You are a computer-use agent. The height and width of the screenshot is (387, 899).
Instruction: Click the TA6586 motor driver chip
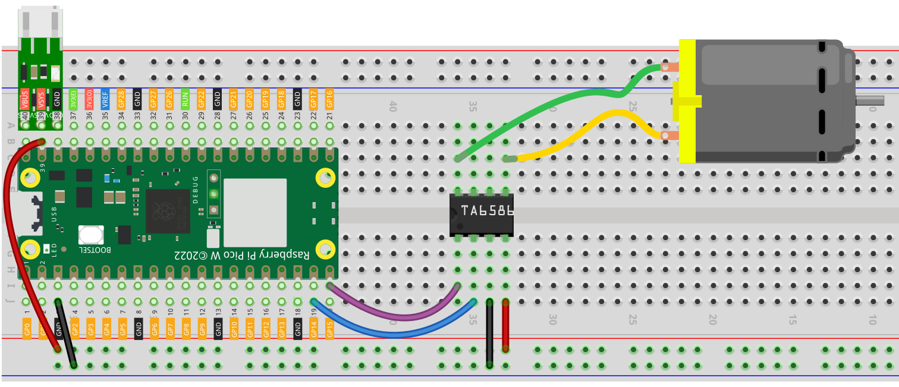pos(481,213)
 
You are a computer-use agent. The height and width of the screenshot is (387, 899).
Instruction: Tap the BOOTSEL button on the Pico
pos(90,235)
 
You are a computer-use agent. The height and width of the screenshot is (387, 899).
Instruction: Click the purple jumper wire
pos(392,313)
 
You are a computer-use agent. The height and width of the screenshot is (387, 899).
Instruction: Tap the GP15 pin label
pos(330,329)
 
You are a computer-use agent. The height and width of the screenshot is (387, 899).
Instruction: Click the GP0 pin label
pos(27,329)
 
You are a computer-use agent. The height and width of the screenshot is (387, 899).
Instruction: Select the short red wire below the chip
pos(505,325)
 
